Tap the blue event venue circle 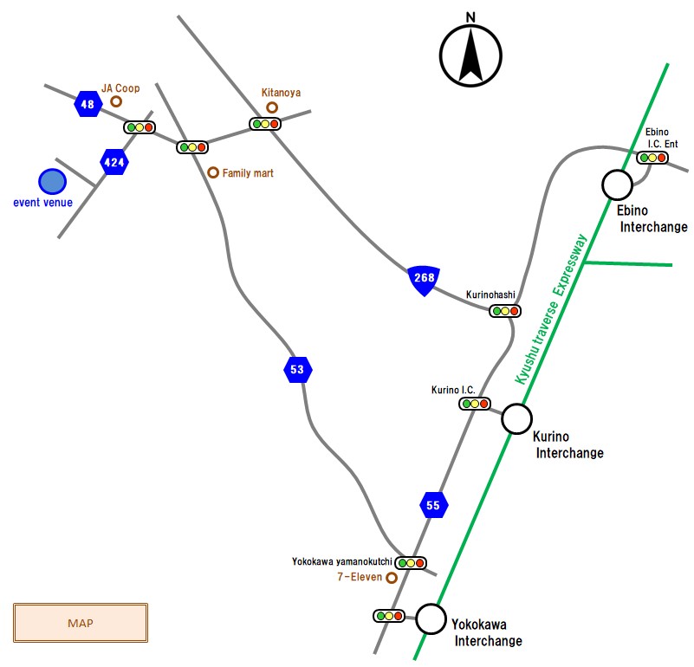click(52, 182)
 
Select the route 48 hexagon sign click(87, 104)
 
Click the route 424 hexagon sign click(114, 162)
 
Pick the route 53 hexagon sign click(297, 370)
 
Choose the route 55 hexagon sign click(434, 504)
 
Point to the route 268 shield click(424, 280)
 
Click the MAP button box click(81, 623)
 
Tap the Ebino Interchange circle click(618, 184)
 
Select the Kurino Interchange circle click(516, 419)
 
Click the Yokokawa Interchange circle click(430, 619)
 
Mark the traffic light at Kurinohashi click(504, 310)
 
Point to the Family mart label click(248, 173)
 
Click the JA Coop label click(120, 87)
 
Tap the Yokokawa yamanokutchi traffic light click(411, 562)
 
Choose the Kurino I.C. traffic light click(475, 404)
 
